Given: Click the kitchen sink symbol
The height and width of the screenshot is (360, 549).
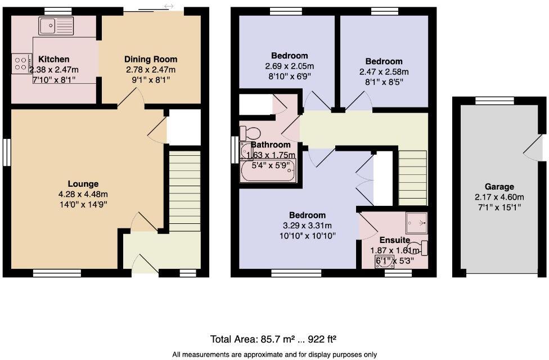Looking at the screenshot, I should pos(56,25).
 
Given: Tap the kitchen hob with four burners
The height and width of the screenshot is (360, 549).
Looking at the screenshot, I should pos(21,62).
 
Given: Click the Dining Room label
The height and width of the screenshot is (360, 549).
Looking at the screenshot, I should pos(150,59).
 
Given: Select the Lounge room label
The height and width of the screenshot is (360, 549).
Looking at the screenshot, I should pos(83,184).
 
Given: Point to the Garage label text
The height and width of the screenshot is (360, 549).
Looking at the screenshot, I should pos(499,187).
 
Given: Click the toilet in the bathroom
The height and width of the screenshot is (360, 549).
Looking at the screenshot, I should pos(249,133).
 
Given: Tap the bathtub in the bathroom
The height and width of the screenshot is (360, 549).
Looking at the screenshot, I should pos(268,170).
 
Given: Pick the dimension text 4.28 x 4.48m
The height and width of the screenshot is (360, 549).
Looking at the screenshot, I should pos(83,195).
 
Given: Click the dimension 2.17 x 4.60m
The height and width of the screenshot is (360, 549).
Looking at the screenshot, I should pos(499,197).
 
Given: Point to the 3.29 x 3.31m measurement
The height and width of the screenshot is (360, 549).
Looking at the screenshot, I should pos(307,226).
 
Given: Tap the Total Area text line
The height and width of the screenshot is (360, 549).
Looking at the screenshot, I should pos(273,339).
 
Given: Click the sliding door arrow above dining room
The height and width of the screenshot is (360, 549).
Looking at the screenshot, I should pos(168,6).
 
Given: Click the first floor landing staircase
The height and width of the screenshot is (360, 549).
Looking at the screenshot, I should pos(413,177).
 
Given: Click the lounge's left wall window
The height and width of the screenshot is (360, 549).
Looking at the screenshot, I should pos(7,152).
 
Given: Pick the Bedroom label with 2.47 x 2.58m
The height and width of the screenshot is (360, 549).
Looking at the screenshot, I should pos(384,61).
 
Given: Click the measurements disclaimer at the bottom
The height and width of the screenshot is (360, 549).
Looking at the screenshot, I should pos(274,354).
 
